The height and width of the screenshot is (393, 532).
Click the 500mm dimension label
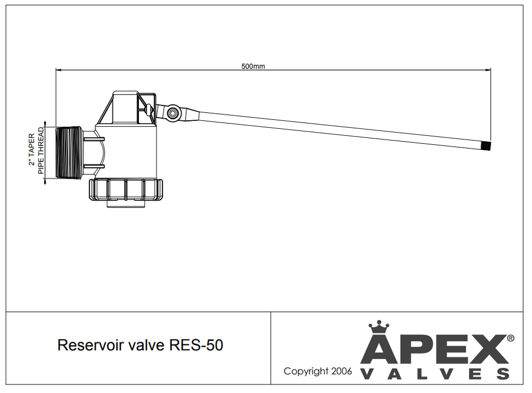pyautogui.click(x=253, y=66)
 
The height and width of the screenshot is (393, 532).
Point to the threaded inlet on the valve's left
pyautogui.click(x=68, y=152)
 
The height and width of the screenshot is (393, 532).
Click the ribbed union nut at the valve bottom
pyautogui.click(x=125, y=188)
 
